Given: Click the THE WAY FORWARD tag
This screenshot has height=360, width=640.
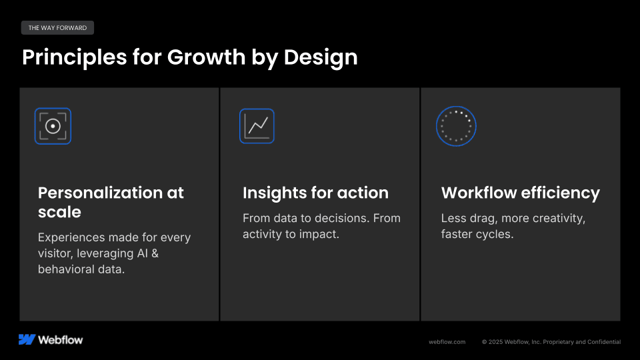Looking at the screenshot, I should click(x=57, y=28).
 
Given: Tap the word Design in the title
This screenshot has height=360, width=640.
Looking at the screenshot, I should click(x=321, y=57).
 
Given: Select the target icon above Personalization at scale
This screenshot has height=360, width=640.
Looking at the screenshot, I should click(x=53, y=126).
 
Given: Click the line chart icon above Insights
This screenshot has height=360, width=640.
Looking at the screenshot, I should click(x=257, y=126).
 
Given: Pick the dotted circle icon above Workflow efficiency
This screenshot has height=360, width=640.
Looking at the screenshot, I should click(x=456, y=126).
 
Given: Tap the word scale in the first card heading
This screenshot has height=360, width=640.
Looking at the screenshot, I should click(x=59, y=212).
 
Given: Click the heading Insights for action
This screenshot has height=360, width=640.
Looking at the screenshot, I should click(x=315, y=193).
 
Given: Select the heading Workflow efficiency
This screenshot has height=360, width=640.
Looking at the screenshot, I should click(x=520, y=193).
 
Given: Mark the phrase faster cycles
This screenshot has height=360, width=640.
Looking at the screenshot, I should click(x=477, y=234).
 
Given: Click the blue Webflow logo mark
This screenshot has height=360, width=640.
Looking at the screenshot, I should click(x=27, y=339).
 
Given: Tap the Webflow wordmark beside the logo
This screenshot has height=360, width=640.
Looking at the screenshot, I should click(x=61, y=339).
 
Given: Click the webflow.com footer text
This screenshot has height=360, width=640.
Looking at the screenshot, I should click(x=447, y=342).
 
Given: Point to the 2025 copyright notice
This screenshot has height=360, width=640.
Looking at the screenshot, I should click(x=551, y=342).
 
